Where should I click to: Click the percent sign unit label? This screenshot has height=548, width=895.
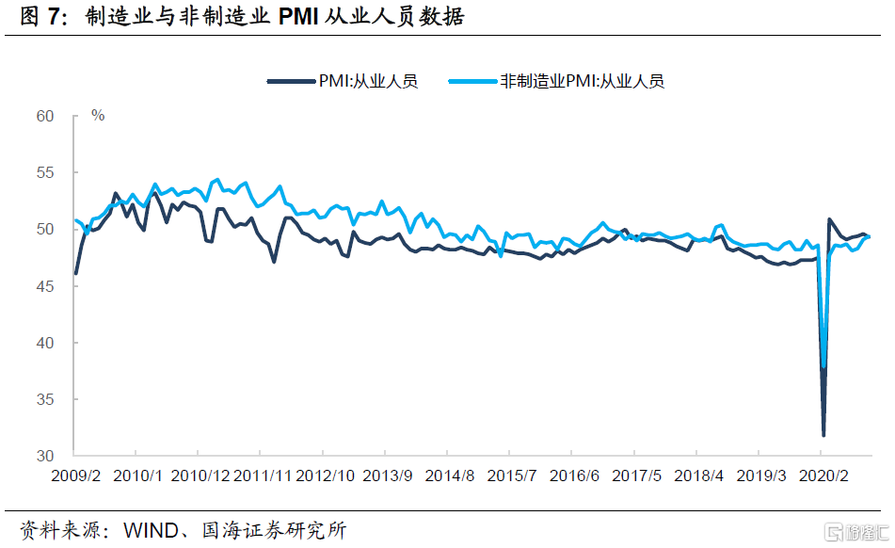(x=98, y=115)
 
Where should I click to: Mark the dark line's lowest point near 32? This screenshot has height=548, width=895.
(x=823, y=435)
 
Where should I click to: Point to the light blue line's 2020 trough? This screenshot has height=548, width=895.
(x=824, y=366)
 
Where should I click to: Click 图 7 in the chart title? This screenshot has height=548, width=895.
(x=38, y=17)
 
